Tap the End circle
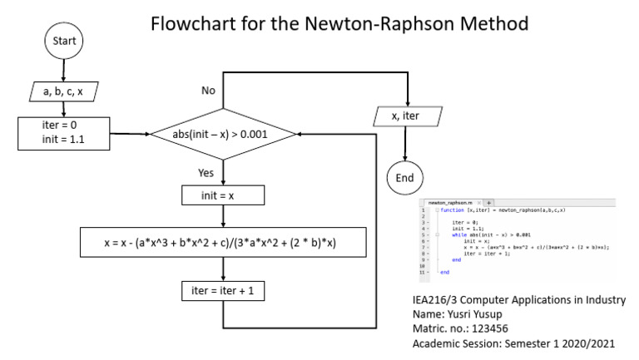[x=405, y=178]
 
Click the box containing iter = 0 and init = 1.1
[x=63, y=132]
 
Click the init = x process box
[x=223, y=195]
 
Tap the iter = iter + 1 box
[x=223, y=291]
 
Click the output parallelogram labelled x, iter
[x=405, y=117]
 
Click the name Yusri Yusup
[x=487, y=314]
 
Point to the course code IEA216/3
[x=437, y=299]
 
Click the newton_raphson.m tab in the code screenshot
[x=450, y=202]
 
